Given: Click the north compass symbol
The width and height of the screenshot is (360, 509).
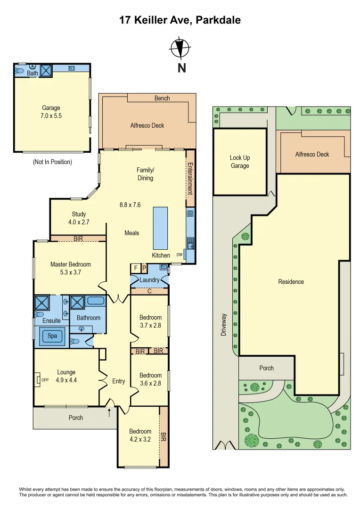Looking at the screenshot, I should coord(180,47).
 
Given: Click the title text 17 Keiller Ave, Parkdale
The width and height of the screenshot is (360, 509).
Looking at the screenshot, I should coord(180,20).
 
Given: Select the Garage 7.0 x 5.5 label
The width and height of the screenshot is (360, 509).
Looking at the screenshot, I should coord(51,111).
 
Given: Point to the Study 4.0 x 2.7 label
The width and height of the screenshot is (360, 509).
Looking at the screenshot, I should coord(79,218).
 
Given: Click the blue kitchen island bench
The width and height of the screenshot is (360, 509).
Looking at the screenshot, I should coord(160,228).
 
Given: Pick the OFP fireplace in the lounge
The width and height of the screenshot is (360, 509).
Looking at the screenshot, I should coord(39,379).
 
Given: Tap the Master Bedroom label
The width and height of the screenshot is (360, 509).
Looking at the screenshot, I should coord(71,268).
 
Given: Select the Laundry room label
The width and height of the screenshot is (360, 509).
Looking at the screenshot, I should coord(149,280).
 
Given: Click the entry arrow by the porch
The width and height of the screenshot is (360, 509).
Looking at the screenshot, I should coord(110,413).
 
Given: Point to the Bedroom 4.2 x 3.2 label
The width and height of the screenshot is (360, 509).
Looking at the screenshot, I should coord(140,435).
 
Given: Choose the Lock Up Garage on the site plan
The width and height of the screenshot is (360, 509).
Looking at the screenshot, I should coord(240,162).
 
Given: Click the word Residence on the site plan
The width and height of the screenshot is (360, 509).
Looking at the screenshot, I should coord(291,282).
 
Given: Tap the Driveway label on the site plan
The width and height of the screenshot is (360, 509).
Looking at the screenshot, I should coord(224,325).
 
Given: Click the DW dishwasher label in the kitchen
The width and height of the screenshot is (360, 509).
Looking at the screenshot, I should coord(179,254).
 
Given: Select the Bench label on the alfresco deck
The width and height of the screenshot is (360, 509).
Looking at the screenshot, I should coord(162,98).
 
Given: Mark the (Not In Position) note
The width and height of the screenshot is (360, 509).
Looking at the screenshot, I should coord(52,162).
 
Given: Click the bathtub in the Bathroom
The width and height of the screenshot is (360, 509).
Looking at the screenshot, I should coord(96,301).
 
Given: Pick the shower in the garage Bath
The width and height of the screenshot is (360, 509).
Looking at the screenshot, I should coord(46,71).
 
